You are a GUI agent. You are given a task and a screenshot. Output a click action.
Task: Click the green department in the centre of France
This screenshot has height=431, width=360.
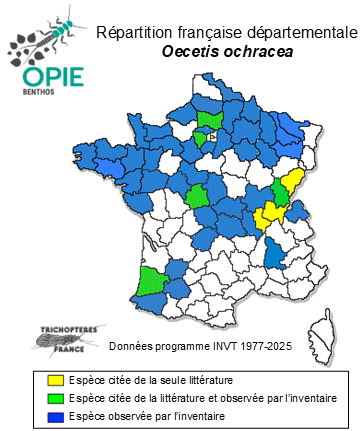[x=198, y=198]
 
